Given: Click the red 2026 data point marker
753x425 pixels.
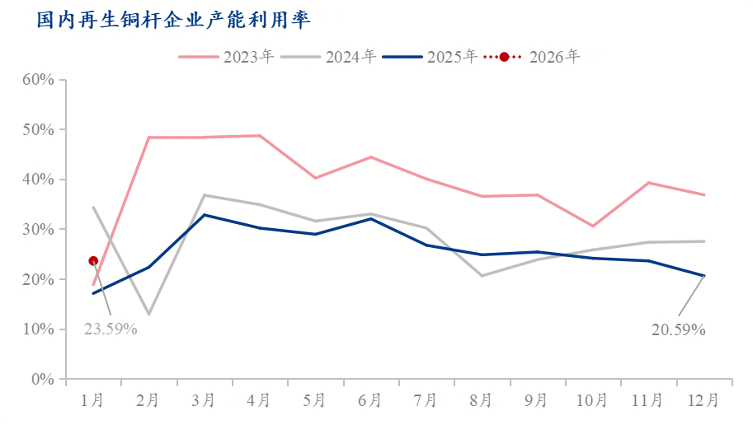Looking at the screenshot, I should (x=93, y=261).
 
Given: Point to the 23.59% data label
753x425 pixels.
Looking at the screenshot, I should (x=111, y=329).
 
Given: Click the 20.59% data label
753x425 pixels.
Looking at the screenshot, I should (x=678, y=329).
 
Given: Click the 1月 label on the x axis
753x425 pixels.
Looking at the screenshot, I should (x=92, y=401).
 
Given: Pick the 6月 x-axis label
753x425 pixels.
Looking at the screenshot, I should (x=370, y=401).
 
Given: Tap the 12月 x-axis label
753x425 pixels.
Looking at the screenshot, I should (x=704, y=401).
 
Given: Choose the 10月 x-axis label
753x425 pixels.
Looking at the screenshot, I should (x=592, y=401).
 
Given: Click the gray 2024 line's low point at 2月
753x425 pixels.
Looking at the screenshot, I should (x=148, y=315).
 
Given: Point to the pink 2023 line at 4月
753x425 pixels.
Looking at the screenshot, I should (x=260, y=136).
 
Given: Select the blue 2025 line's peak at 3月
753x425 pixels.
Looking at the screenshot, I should (x=204, y=215).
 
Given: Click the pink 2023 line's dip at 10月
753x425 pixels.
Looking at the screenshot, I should (x=592, y=226).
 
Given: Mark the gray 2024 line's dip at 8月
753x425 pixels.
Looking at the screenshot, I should (x=482, y=275).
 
